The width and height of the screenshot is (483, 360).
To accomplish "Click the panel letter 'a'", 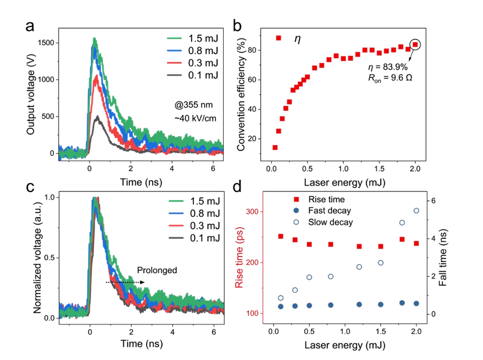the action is pos(30,27).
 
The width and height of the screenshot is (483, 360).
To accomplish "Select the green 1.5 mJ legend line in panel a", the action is pos(175,38).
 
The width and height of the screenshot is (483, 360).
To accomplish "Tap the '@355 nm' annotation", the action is pos(193,105).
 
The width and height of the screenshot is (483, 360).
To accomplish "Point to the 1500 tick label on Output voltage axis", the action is pos(46,43).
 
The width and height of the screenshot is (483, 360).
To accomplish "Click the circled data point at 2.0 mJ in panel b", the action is pos(415,45).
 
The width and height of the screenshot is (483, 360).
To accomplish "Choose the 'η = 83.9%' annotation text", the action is pos(388,67).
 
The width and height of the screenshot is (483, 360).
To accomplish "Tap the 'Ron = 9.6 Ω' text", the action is pos(390,78).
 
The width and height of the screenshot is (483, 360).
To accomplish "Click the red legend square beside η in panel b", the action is pos(278,38).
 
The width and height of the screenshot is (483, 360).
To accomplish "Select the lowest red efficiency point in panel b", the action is pos(275,148).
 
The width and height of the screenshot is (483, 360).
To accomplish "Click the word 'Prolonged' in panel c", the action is pos(157,270).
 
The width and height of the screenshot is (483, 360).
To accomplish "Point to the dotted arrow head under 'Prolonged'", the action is pos(142,282).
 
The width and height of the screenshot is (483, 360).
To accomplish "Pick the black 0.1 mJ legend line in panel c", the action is pos(177,238).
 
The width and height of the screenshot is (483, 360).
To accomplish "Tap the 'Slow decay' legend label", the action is pos(330,222).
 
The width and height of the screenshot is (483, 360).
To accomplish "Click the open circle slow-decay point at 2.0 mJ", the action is pos(417,210).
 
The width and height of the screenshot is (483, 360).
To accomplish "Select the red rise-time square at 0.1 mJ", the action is pos(281,236).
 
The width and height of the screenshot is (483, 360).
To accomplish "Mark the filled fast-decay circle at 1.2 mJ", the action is pos(359,304).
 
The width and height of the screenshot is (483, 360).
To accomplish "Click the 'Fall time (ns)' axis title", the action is pos(443,258).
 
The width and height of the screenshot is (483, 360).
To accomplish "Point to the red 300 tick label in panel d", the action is pos(253,212).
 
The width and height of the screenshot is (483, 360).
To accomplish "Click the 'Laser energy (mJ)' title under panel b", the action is pos(345,182).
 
